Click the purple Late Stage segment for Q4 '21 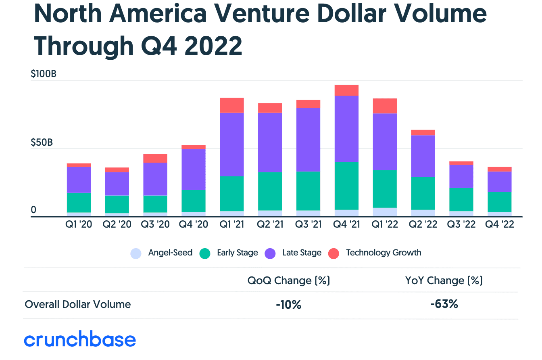(x=346, y=129)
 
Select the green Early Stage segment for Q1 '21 (x=231, y=194)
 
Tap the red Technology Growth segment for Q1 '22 (x=385, y=106)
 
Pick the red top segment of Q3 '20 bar (x=155, y=158)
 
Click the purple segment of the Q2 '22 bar (x=423, y=156)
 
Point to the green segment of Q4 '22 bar (x=499, y=202)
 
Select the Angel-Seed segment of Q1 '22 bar (x=385, y=212)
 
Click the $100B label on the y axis (x=43, y=74)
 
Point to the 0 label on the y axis (x=33, y=210)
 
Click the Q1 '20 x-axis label (x=79, y=225)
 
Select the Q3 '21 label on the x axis (x=308, y=225)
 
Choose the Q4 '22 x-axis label (x=499, y=225)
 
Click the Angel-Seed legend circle (x=136, y=253)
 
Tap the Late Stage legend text (x=302, y=253)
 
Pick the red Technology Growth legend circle (x=333, y=253)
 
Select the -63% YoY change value (x=444, y=304)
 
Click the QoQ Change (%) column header (x=289, y=280)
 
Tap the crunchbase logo (x=80, y=340)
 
